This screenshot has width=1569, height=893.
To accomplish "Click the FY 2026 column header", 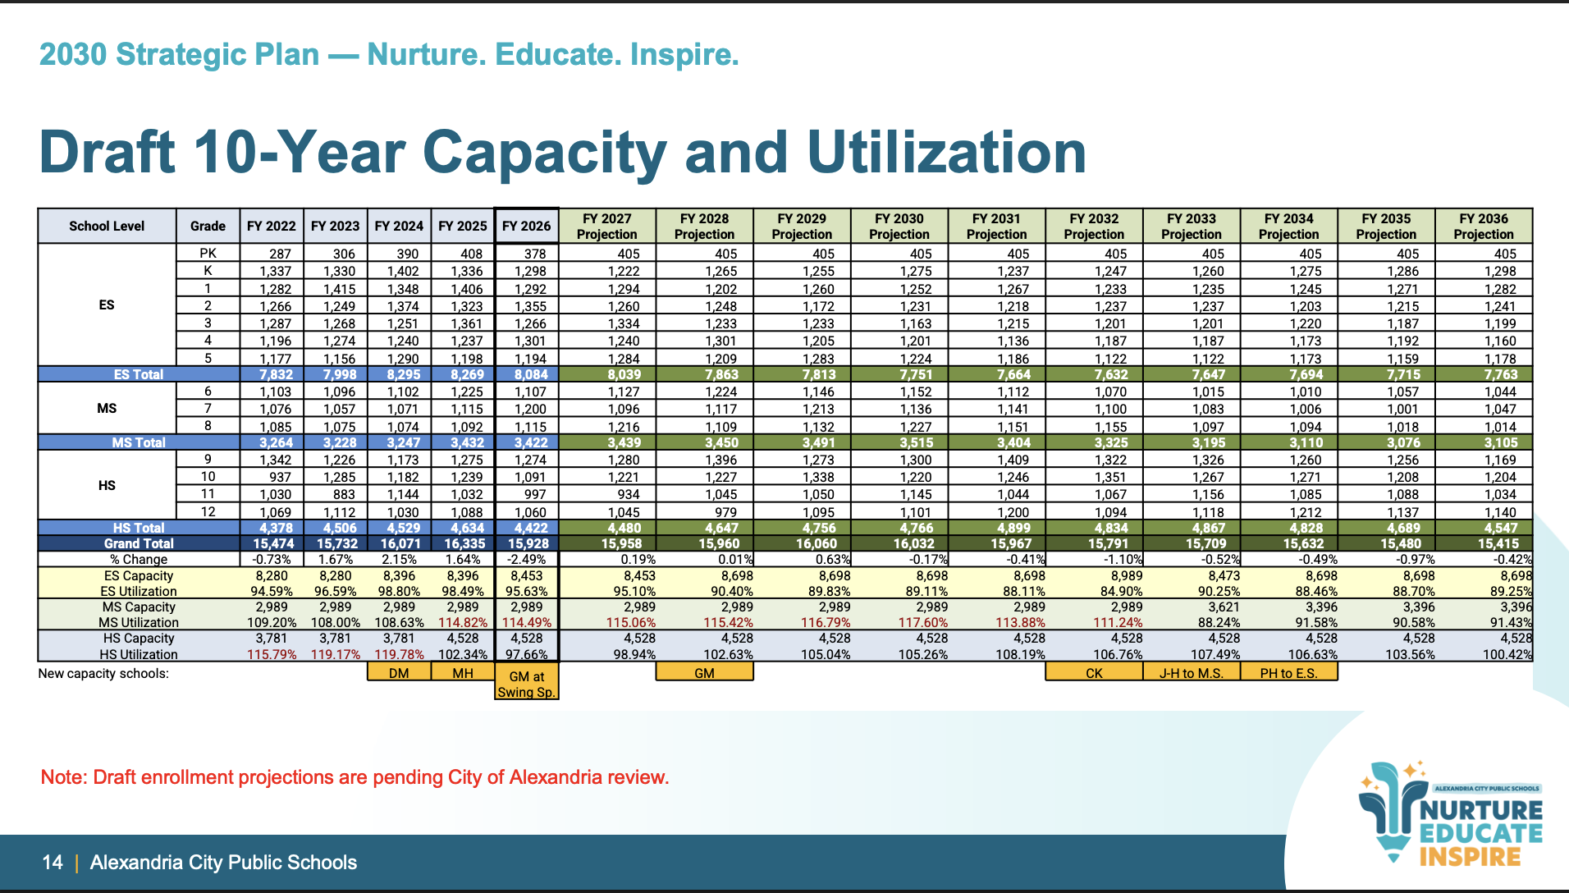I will pyautogui.click(x=526, y=226).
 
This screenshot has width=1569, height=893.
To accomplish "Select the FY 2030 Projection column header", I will pyautogui.click(x=899, y=226).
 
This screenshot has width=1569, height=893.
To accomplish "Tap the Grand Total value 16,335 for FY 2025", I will pyautogui.click(x=464, y=543).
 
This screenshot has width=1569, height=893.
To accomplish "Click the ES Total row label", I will pyautogui.click(x=138, y=374).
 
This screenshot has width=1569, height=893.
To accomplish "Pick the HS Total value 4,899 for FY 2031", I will pyautogui.click(x=998, y=528).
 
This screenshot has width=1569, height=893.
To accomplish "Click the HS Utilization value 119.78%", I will pyautogui.click(x=400, y=654).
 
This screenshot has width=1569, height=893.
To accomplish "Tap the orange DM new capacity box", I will pyautogui.click(x=399, y=673).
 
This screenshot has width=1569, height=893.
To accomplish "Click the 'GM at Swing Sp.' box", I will pyautogui.click(x=527, y=684).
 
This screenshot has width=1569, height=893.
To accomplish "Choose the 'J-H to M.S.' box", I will pyautogui.click(x=1191, y=673).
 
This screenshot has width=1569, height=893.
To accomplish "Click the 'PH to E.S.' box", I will pyautogui.click(x=1288, y=673).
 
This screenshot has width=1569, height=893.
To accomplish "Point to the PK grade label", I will pyautogui.click(x=208, y=254).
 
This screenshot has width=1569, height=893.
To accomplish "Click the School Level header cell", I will pyautogui.click(x=107, y=226).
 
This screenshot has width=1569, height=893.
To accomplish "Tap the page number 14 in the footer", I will pyautogui.click(x=53, y=863).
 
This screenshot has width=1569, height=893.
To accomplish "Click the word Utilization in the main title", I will pyautogui.click(x=947, y=153).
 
